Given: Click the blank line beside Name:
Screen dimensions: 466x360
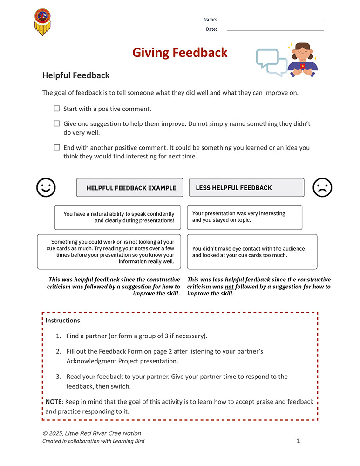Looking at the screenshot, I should [275, 21].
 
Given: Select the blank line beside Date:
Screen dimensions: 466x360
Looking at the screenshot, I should [275, 30].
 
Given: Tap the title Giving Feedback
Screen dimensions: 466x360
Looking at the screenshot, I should [180, 53].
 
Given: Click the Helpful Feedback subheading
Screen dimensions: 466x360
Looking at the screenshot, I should [76, 75].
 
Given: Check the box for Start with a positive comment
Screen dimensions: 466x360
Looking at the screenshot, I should [57, 109].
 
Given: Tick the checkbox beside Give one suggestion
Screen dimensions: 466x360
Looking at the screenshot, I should [57, 124].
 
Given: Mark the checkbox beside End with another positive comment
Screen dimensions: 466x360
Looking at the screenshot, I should [57, 147].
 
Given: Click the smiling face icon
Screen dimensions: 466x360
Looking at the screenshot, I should [46, 188].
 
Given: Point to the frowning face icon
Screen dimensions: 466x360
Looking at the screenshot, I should [322, 188].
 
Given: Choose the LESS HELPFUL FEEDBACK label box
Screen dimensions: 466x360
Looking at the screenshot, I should [246, 188].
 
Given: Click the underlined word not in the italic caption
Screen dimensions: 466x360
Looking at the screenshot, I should [229, 287].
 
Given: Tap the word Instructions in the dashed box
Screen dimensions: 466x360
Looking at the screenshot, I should [62, 321].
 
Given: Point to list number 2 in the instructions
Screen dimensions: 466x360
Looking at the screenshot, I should [58, 352].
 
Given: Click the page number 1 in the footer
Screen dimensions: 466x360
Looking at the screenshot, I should [299, 441].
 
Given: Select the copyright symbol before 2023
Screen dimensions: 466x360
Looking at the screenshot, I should [45, 433].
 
